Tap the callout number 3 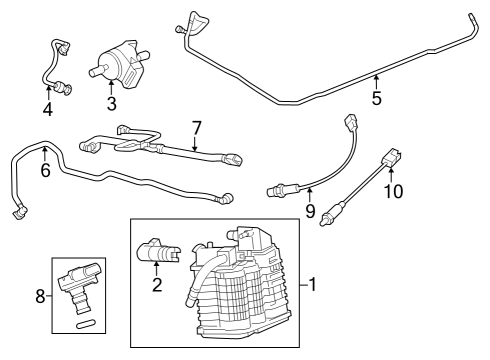tap(112, 102)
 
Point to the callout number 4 tap(47, 109)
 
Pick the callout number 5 tap(376, 99)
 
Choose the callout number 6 tap(45, 171)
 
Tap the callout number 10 tap(393, 191)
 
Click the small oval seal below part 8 tap(84, 324)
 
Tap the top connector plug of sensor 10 tap(394, 157)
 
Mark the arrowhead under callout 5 tap(376, 78)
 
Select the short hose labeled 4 tap(52, 65)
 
